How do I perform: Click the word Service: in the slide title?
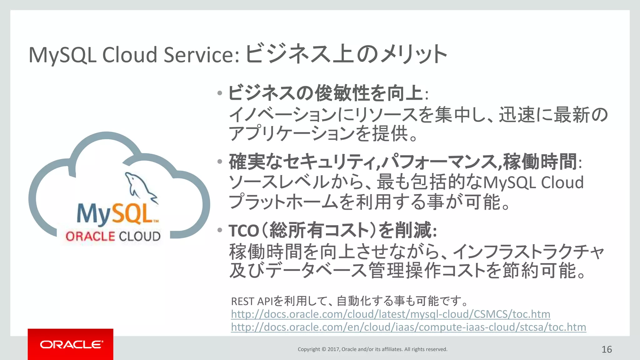tap(202, 55)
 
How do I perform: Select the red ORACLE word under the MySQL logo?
tap(90, 236)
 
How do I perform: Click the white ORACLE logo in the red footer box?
tap(71, 344)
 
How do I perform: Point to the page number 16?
tap(607, 349)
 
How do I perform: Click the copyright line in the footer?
tap(372, 349)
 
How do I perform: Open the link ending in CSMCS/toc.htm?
tap(390, 314)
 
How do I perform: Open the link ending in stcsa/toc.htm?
tap(408, 327)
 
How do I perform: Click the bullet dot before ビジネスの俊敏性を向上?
tap(220, 93)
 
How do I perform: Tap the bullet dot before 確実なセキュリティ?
tap(220, 162)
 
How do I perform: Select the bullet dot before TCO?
tap(220, 230)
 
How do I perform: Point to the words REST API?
tap(252, 302)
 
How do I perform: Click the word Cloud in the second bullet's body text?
tap(562, 182)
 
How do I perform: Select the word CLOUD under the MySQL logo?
tap(140, 236)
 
